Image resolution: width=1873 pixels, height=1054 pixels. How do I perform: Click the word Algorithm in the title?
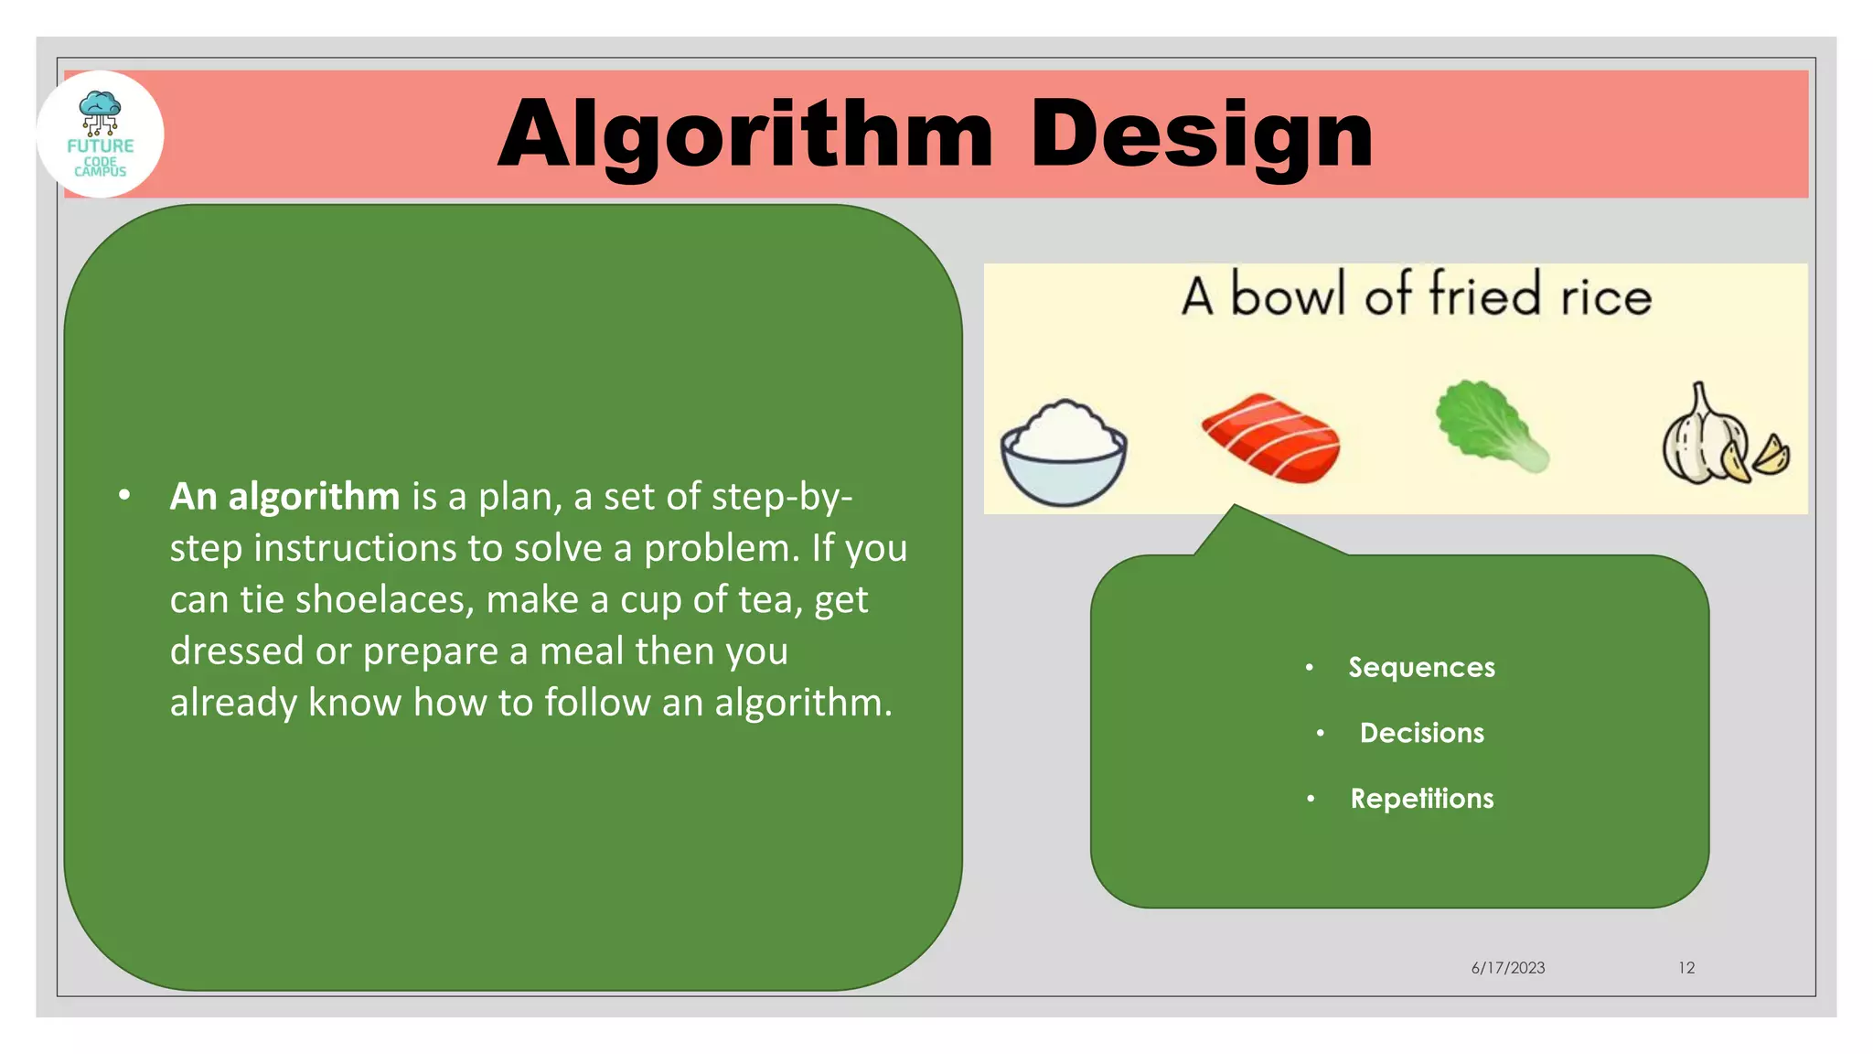[745, 135]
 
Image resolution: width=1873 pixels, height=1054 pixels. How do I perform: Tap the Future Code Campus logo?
[101, 134]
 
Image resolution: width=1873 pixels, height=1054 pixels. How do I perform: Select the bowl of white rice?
[1063, 452]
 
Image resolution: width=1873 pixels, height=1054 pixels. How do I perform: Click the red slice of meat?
[1271, 437]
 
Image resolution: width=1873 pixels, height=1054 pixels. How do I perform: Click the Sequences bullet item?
[1421, 667]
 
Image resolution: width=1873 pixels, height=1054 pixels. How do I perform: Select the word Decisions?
[1421, 733]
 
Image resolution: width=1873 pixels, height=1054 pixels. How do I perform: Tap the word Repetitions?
[1422, 799]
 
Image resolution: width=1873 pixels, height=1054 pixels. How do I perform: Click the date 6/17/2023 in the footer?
[1507, 968]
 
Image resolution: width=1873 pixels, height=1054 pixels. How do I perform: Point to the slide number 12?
[1686, 968]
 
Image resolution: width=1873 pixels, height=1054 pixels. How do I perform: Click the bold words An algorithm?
[284, 497]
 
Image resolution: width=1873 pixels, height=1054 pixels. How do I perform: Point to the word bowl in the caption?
[1288, 296]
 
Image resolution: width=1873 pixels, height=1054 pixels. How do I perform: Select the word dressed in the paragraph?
[237, 651]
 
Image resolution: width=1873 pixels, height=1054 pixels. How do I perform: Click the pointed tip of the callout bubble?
[1234, 506]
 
